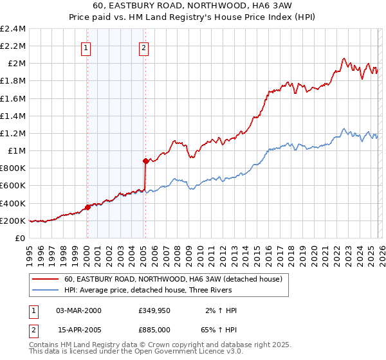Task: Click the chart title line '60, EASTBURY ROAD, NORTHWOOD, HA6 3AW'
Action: [193, 6]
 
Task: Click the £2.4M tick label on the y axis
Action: [13, 29]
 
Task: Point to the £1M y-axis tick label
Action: [15, 151]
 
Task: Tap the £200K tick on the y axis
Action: [13, 221]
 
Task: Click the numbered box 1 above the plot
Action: [86, 47]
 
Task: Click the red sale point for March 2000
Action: [87, 207]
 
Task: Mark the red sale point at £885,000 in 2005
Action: [145, 161]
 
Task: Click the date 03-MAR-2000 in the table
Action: [78, 310]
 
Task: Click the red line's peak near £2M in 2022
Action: [344, 59]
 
